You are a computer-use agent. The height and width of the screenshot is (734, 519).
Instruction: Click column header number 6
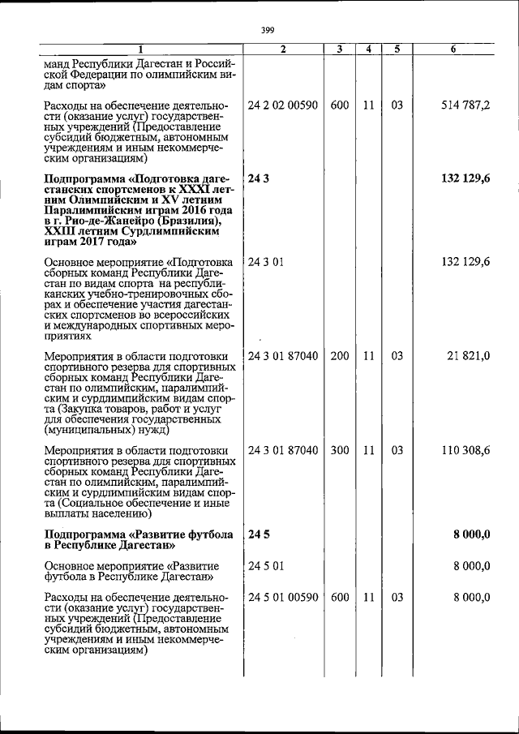[453, 49]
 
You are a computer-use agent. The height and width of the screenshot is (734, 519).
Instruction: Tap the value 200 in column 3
[340, 355]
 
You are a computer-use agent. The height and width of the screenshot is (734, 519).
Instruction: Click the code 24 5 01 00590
[282, 598]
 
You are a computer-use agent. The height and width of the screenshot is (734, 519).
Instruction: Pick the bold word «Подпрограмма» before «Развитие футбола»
[86, 534]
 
